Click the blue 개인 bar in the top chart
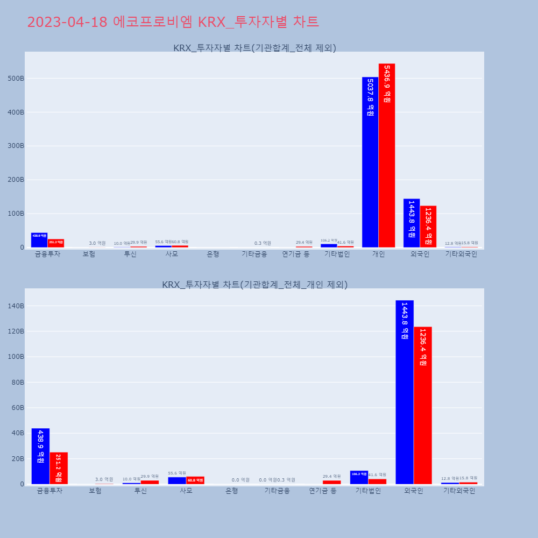coord(370,161)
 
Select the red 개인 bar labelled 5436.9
coord(387,156)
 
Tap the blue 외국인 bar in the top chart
coord(412,223)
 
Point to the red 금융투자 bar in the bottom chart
coord(59,468)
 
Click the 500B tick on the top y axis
coord(16,79)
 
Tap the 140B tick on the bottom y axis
coord(16,306)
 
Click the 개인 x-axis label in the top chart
coord(378,254)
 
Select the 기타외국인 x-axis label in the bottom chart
coord(459,491)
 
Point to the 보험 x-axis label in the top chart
coord(89,254)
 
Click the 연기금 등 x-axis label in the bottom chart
coord(323,491)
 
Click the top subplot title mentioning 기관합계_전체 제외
coord(254,48)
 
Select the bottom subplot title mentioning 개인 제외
coord(254,285)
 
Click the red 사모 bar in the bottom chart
coord(195,480)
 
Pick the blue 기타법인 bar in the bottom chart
coord(359,477)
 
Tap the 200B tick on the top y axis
coord(16,180)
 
